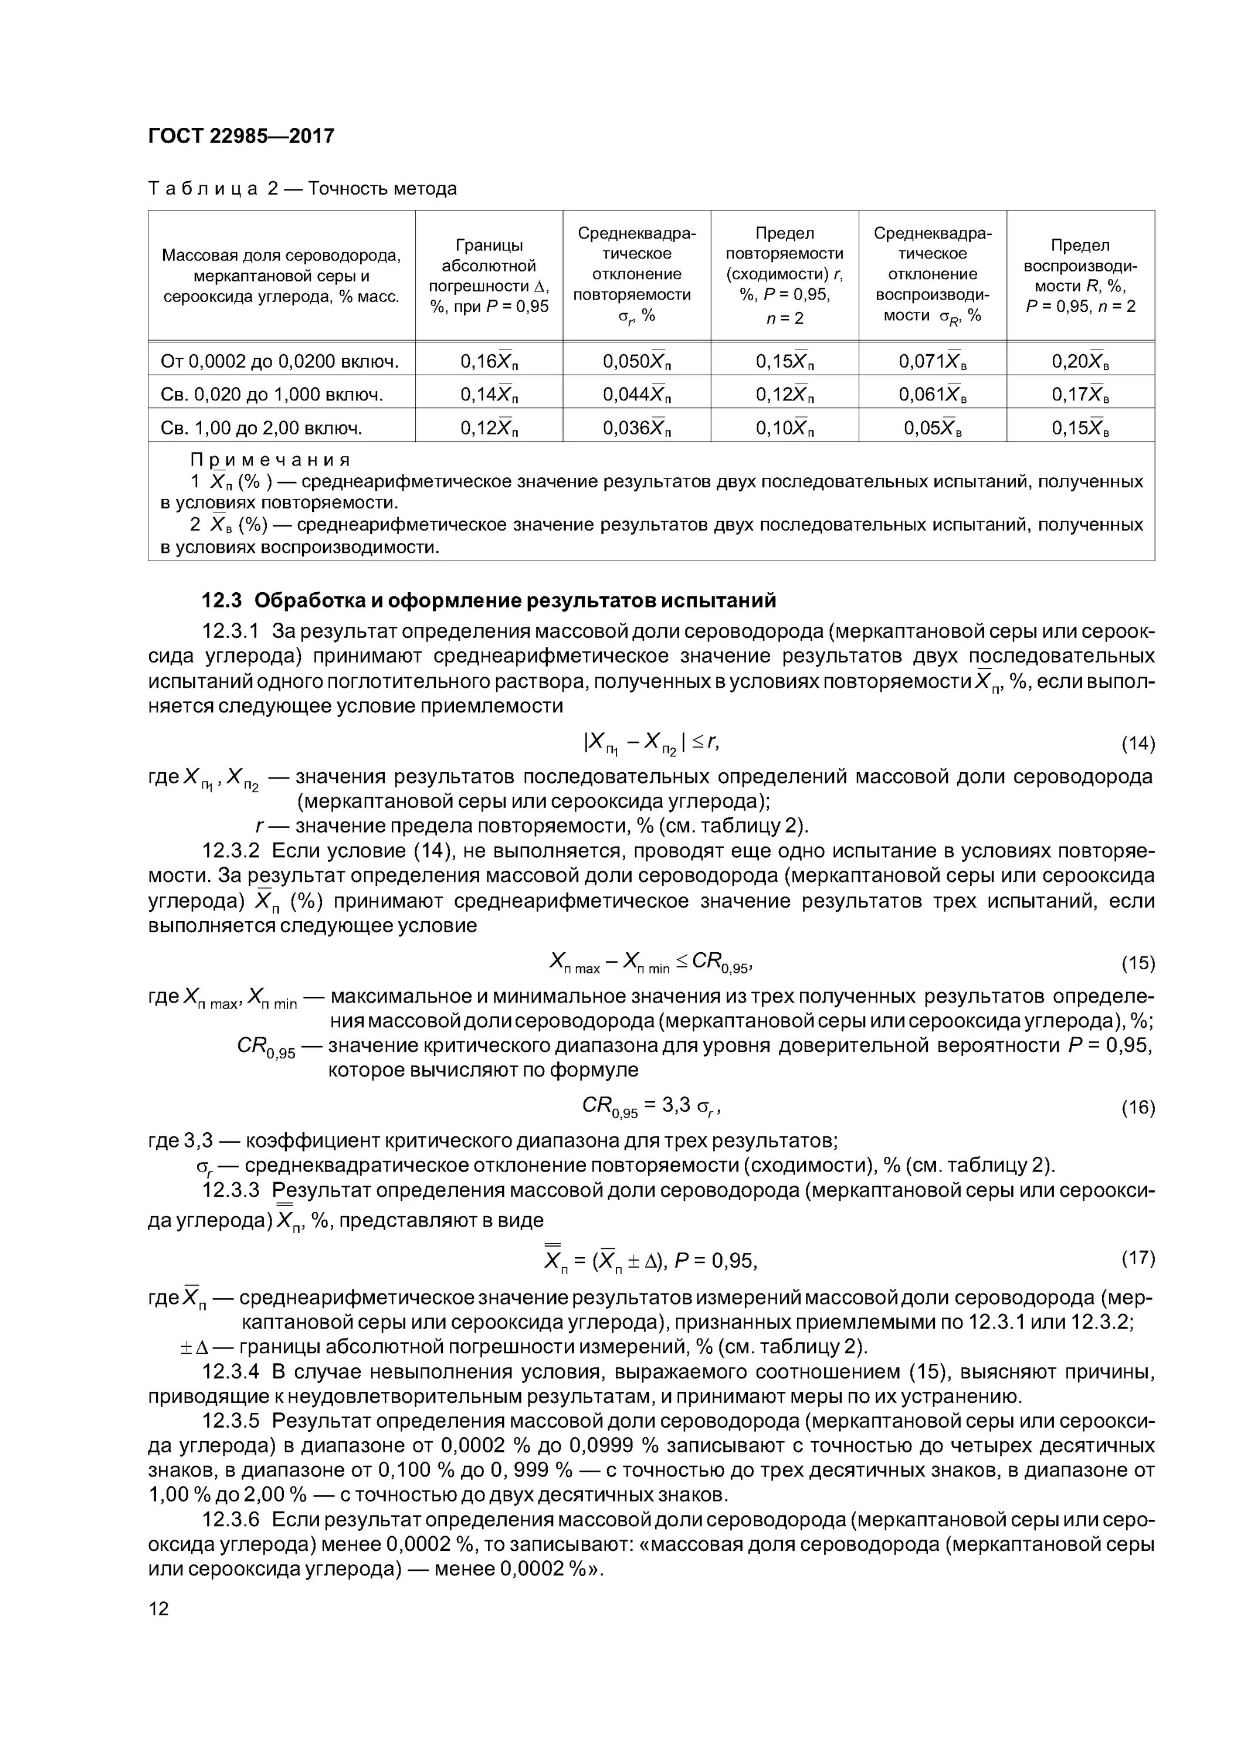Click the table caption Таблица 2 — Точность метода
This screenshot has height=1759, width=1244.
pyautogui.click(x=302, y=188)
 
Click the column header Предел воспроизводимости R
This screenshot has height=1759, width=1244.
pyautogui.click(x=1080, y=275)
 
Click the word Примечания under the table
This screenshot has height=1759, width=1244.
pyautogui.click(x=270, y=460)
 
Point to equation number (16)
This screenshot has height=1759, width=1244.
pyautogui.click(x=1137, y=1107)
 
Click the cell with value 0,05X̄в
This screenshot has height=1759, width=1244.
pyautogui.click(x=932, y=427)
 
